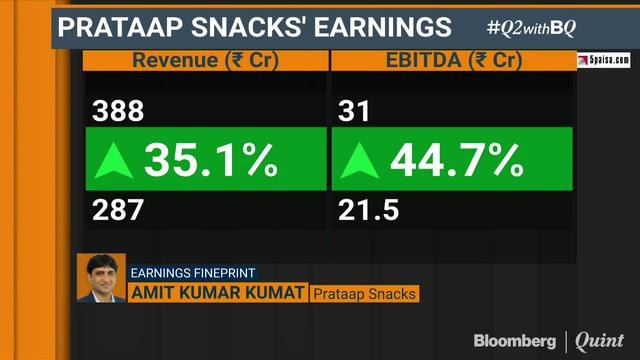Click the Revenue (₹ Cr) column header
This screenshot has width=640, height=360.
[x=206, y=60]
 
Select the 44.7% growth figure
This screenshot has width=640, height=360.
[x=456, y=161]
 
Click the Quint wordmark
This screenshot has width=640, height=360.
[x=600, y=341]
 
